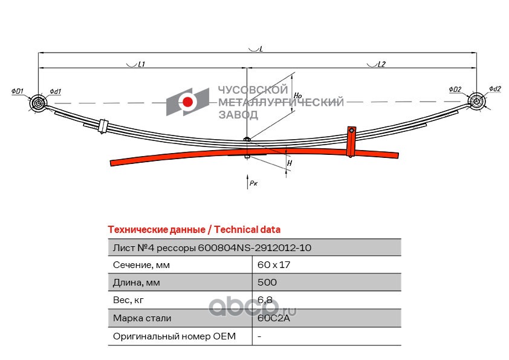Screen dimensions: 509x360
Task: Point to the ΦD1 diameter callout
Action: tap(17, 91)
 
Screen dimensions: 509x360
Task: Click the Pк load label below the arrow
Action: tap(253, 182)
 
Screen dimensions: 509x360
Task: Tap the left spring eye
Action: tap(39, 103)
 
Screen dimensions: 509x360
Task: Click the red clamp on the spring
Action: tap(351, 141)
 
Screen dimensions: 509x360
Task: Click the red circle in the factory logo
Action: tap(188, 102)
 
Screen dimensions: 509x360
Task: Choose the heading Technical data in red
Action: tap(193, 229)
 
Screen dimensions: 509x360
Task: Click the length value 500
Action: tap(267, 282)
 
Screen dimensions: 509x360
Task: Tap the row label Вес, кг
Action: tap(129, 299)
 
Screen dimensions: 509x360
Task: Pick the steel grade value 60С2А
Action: tap(273, 318)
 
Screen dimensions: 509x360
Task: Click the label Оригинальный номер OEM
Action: tap(174, 335)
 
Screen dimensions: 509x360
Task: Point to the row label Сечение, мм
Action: tap(141, 264)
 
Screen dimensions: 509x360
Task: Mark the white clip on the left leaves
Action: tap(102, 125)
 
